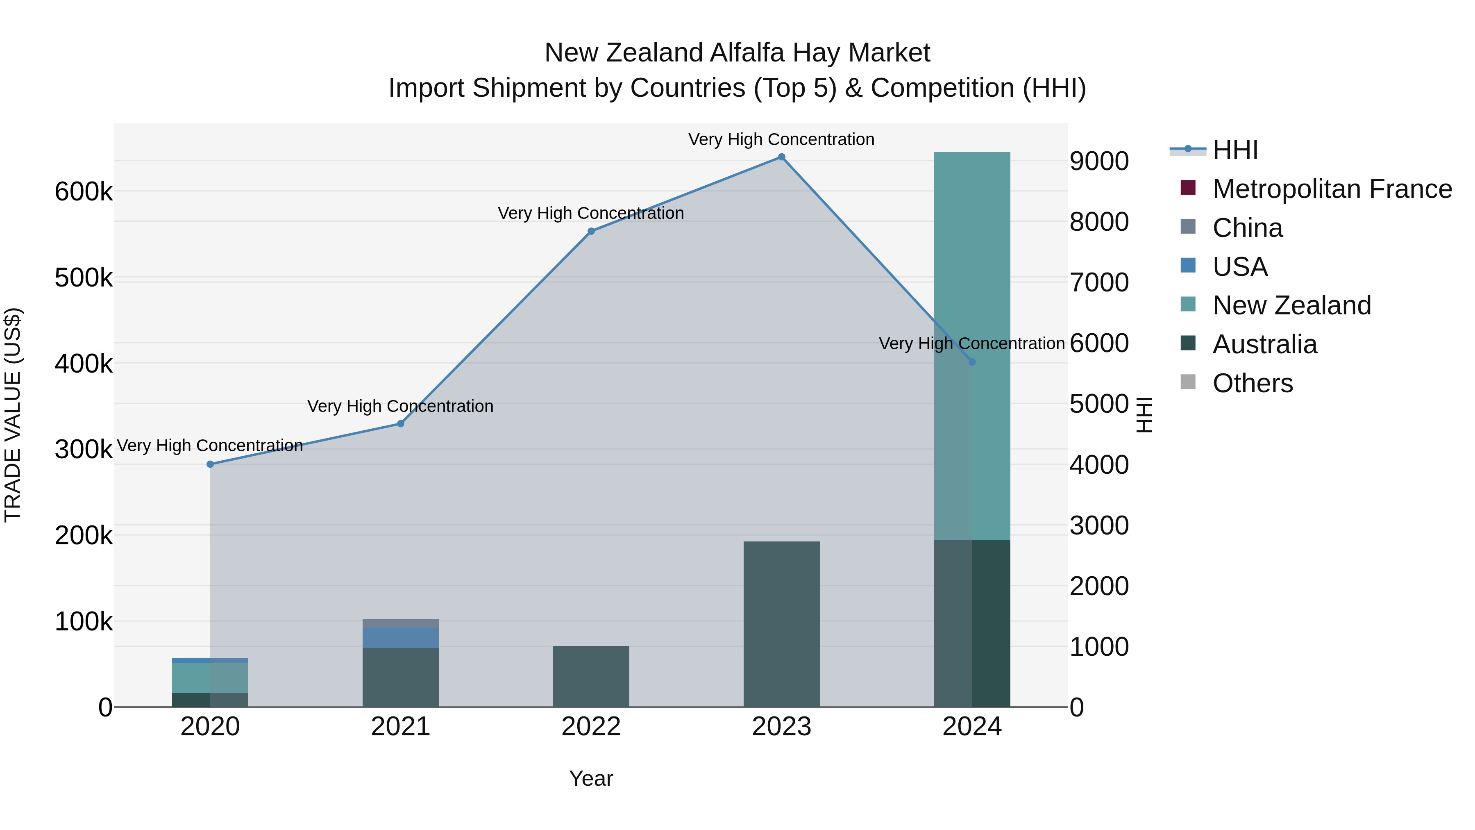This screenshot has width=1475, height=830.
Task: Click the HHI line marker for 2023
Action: [782, 157]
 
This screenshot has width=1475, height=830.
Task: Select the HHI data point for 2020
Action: [210, 464]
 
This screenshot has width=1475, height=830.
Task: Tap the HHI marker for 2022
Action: [591, 232]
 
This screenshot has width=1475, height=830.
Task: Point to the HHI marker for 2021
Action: [401, 424]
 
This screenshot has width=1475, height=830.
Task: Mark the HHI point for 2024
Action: [972, 362]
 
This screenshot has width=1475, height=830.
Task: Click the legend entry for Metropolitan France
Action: [1332, 189]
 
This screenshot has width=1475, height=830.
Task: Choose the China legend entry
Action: [1247, 228]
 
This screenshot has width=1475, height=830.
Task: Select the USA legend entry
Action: [1240, 267]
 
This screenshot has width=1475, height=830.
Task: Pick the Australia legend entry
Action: [1264, 344]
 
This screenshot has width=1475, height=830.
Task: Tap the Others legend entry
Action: [1252, 383]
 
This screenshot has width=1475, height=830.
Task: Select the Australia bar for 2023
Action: [782, 624]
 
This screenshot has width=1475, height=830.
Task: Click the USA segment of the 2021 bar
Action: [401, 637]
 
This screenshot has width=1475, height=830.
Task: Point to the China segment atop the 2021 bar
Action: [401, 623]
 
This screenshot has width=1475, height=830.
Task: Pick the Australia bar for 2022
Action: [591, 676]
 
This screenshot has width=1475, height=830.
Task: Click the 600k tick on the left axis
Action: [84, 192]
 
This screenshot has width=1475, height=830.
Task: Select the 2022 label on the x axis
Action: [591, 727]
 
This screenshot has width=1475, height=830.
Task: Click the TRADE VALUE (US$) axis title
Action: [13, 415]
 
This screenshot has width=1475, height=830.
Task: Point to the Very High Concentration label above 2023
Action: [782, 140]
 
